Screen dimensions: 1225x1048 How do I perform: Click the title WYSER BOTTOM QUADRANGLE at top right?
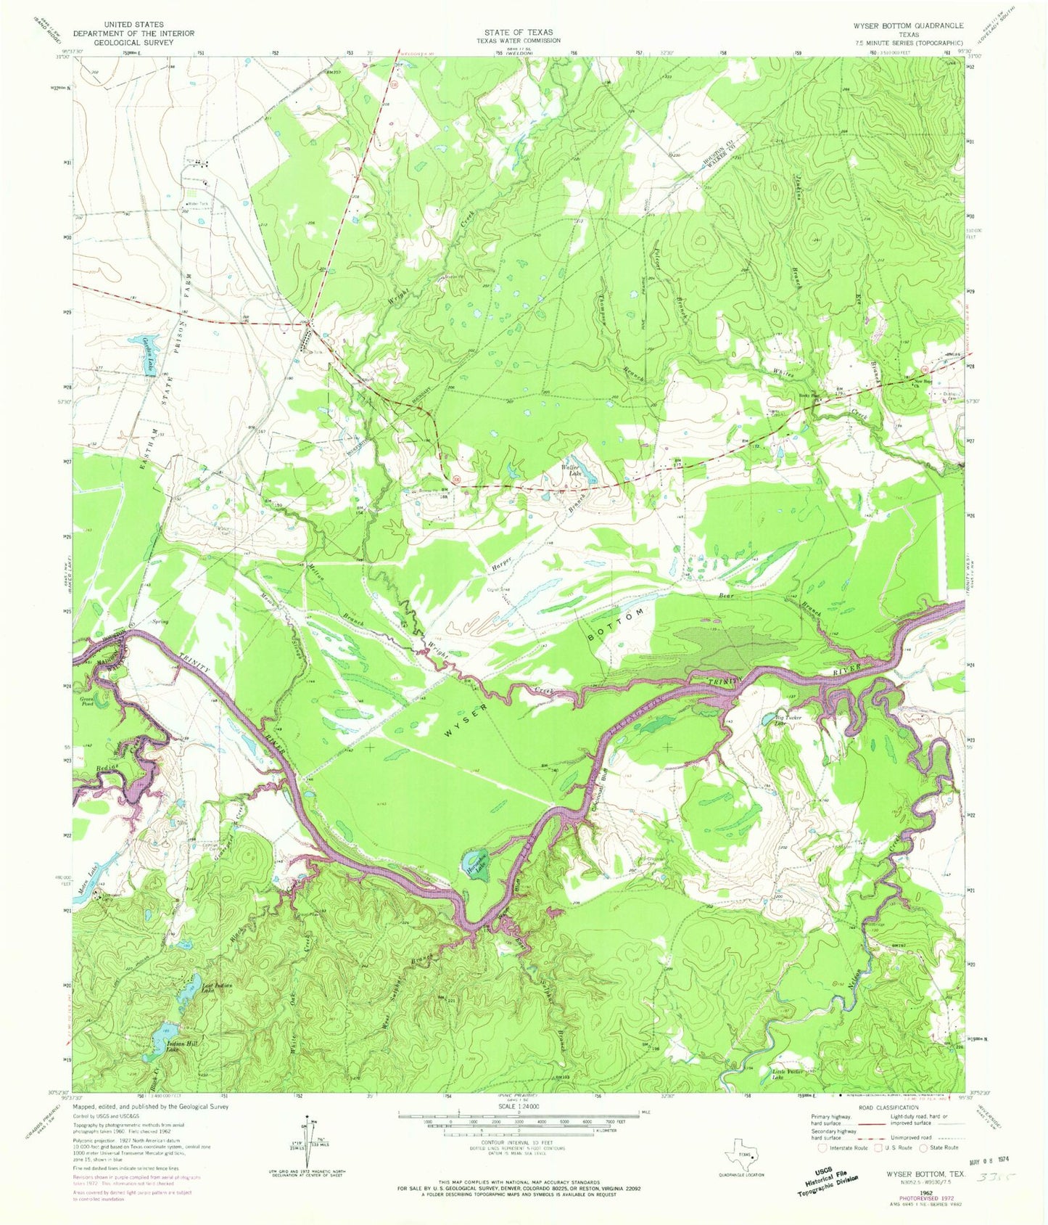(908, 25)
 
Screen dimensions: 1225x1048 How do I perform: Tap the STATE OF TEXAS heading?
(519, 32)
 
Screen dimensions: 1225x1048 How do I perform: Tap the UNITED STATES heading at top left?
(133, 24)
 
